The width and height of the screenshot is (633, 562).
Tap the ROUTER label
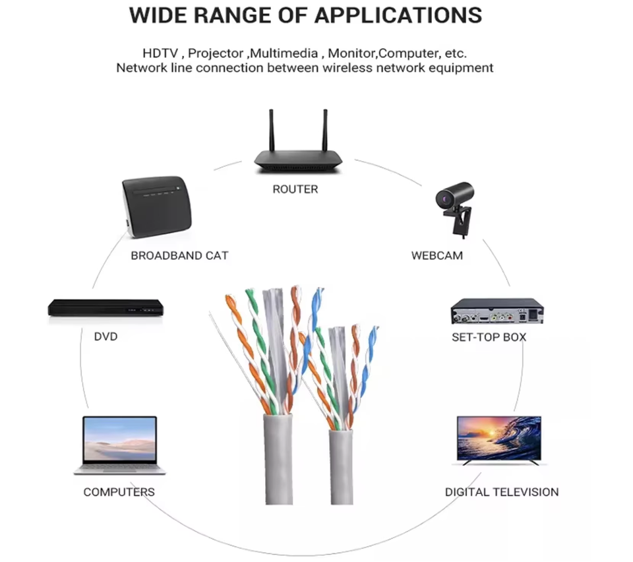[x=295, y=189]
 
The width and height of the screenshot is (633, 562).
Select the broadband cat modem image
[x=157, y=208]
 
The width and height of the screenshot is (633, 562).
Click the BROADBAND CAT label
[x=179, y=255]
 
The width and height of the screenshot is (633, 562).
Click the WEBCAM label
[x=437, y=255]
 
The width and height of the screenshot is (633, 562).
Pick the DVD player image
[x=105, y=308]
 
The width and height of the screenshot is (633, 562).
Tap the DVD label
[x=105, y=337]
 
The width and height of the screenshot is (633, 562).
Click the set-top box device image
[x=497, y=311]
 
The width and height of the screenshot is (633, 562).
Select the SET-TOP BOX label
[x=489, y=337]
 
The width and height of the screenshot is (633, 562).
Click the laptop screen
[x=120, y=441]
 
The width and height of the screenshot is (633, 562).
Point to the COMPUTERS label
[x=119, y=492]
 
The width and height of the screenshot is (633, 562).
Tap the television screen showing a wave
[x=499, y=437]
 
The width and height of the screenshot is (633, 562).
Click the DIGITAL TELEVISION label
[x=502, y=492]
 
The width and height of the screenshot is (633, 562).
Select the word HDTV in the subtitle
[x=159, y=53]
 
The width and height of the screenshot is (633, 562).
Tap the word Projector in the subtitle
[x=217, y=53]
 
